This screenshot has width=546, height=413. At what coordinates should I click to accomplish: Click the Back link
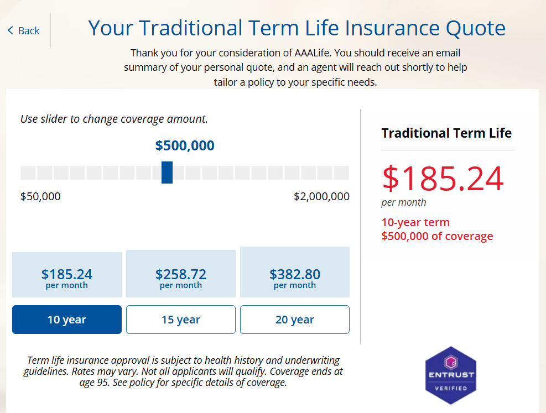pos(24,30)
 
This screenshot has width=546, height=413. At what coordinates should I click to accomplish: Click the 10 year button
pos(67,320)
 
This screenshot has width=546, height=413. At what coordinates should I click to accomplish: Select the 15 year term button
pos(181,320)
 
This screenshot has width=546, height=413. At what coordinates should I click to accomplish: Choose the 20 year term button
pos(295,320)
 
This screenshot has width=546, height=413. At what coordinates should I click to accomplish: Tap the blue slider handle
pos(167,172)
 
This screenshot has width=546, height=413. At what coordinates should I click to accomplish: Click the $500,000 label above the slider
pos(185,146)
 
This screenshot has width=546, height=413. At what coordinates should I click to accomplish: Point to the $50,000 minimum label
pos(40,196)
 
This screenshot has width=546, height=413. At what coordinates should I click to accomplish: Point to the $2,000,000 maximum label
pos(321,196)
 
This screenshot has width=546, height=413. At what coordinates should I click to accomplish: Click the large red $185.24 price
pos(443,179)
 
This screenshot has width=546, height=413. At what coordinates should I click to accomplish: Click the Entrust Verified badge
pos(450,375)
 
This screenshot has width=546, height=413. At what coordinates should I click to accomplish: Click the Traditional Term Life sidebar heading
pos(446,133)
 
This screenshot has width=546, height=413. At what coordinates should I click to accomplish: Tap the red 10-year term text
pos(415,222)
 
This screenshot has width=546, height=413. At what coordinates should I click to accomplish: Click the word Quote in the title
pos(474,28)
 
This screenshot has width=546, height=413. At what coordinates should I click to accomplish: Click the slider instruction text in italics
pos(114,119)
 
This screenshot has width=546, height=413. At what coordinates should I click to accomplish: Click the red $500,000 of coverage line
pos(437,236)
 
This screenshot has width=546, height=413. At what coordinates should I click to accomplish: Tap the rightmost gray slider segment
pos(341,172)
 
